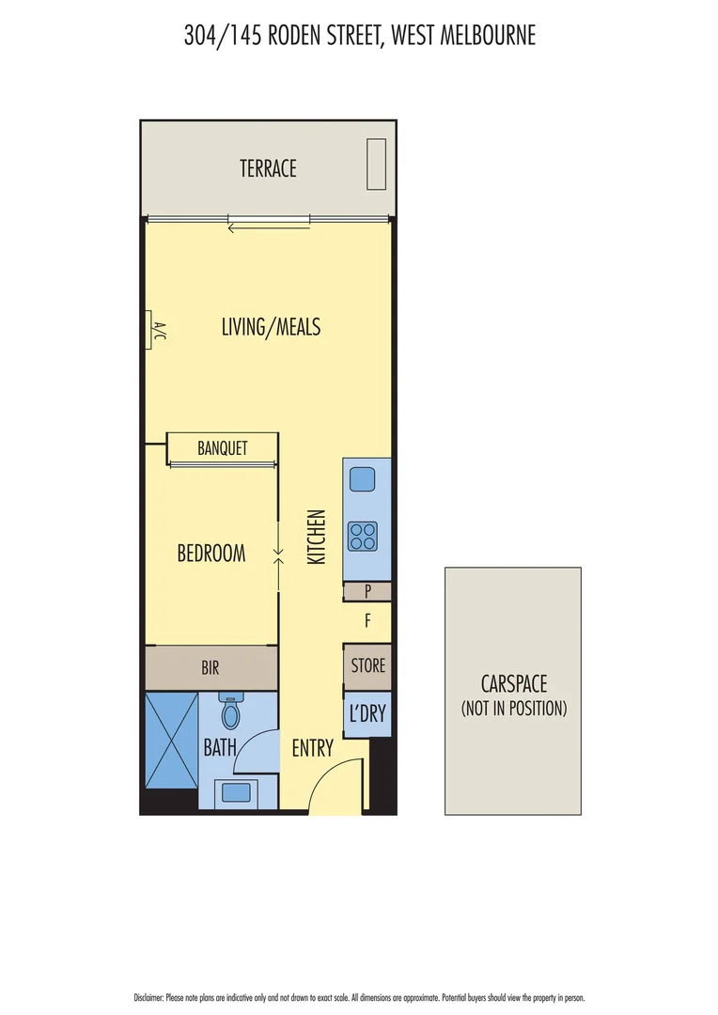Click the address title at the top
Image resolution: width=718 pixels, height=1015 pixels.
359,37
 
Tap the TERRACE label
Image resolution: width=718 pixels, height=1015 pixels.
268,168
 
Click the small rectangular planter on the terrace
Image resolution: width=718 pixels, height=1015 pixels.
376,164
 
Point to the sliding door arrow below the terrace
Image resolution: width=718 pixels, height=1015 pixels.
269,225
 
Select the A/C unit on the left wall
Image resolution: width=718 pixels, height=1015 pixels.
152,330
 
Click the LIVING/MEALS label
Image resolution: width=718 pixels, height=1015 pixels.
271,327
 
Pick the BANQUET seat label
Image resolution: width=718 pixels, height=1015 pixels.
223,447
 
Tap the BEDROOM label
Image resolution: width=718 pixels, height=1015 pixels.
211,554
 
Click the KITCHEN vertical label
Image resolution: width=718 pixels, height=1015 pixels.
317,538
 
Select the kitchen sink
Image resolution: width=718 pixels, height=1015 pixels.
363,480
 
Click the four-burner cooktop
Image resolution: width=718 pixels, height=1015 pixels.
363,536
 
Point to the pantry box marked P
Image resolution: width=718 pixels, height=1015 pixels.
367,591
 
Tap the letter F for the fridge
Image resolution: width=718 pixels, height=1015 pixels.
367,620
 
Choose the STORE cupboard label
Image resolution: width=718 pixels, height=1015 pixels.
367,665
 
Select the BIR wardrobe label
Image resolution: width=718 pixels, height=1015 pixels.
211,668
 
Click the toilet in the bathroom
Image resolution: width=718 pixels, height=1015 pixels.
230,713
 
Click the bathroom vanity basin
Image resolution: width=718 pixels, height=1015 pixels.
233,793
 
